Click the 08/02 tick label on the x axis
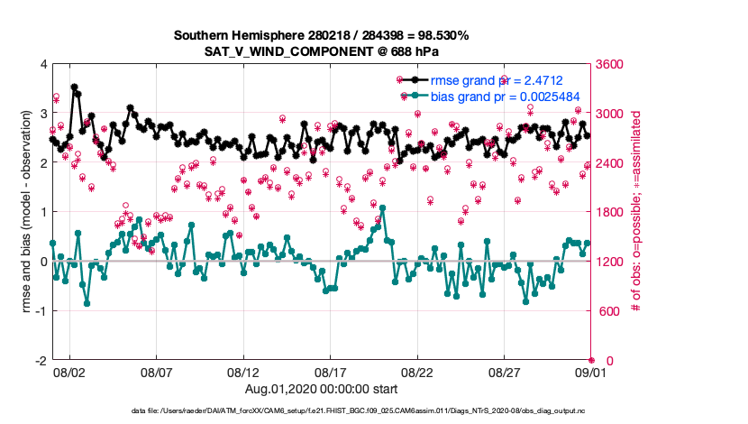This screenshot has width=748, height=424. click(69, 372)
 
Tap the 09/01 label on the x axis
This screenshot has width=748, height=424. click(591, 372)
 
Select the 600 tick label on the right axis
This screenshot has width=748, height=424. click(607, 311)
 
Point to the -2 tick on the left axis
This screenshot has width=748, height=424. click(42, 361)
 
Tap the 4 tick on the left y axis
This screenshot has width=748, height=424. click(45, 64)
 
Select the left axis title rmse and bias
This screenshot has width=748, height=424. click(25, 213)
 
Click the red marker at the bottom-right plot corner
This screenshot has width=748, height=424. click(591, 361)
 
